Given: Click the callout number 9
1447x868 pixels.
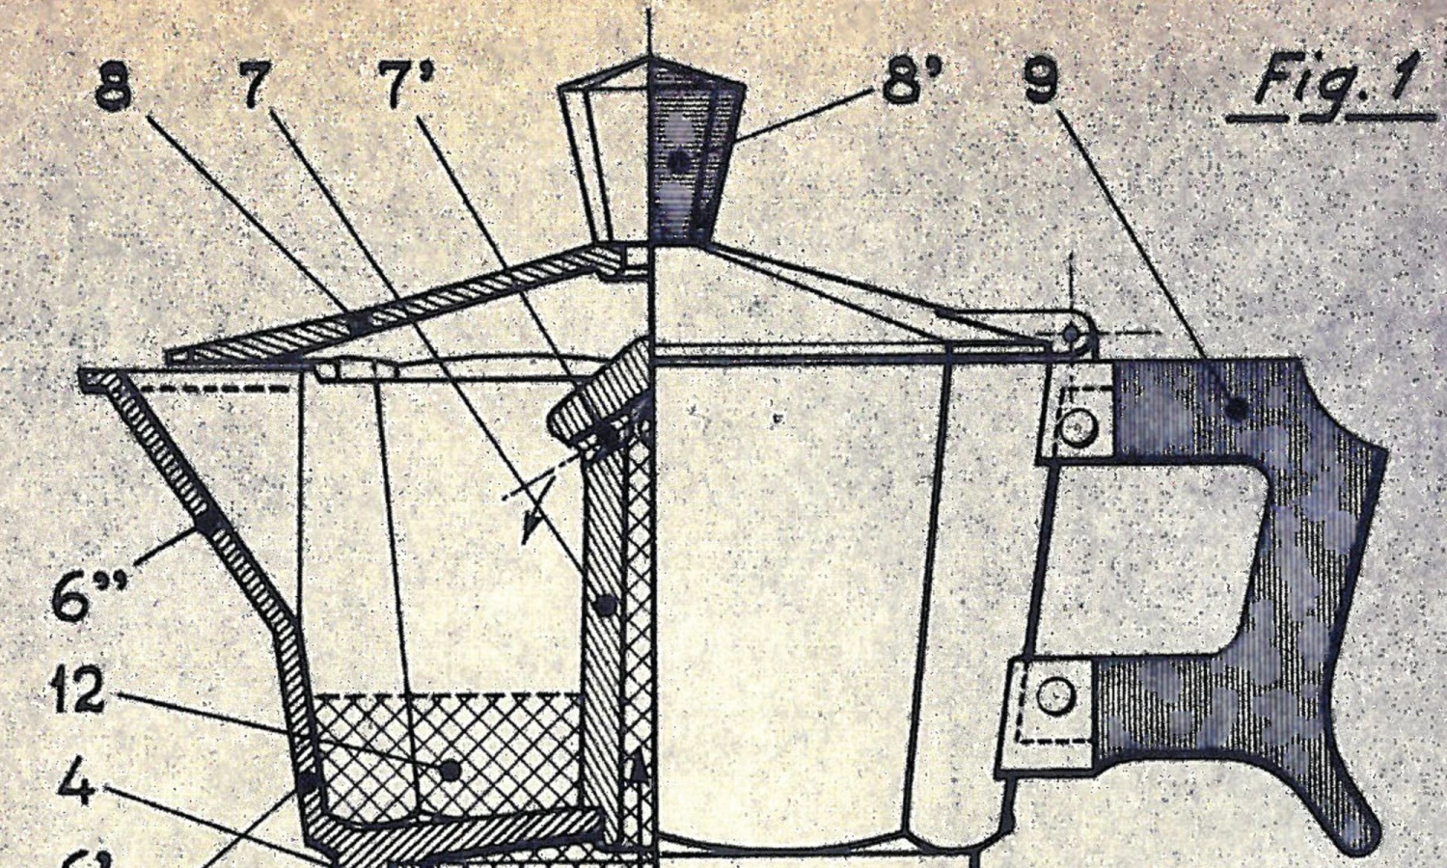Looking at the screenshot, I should pos(1040,82).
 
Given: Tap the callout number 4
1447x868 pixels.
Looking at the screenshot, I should pos(74,783).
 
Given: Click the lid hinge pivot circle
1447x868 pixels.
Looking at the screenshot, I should pos(1072,333).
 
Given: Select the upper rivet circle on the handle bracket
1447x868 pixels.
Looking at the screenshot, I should pos(1076,425).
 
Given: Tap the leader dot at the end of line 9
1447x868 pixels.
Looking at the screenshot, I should pos(1236,408).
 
